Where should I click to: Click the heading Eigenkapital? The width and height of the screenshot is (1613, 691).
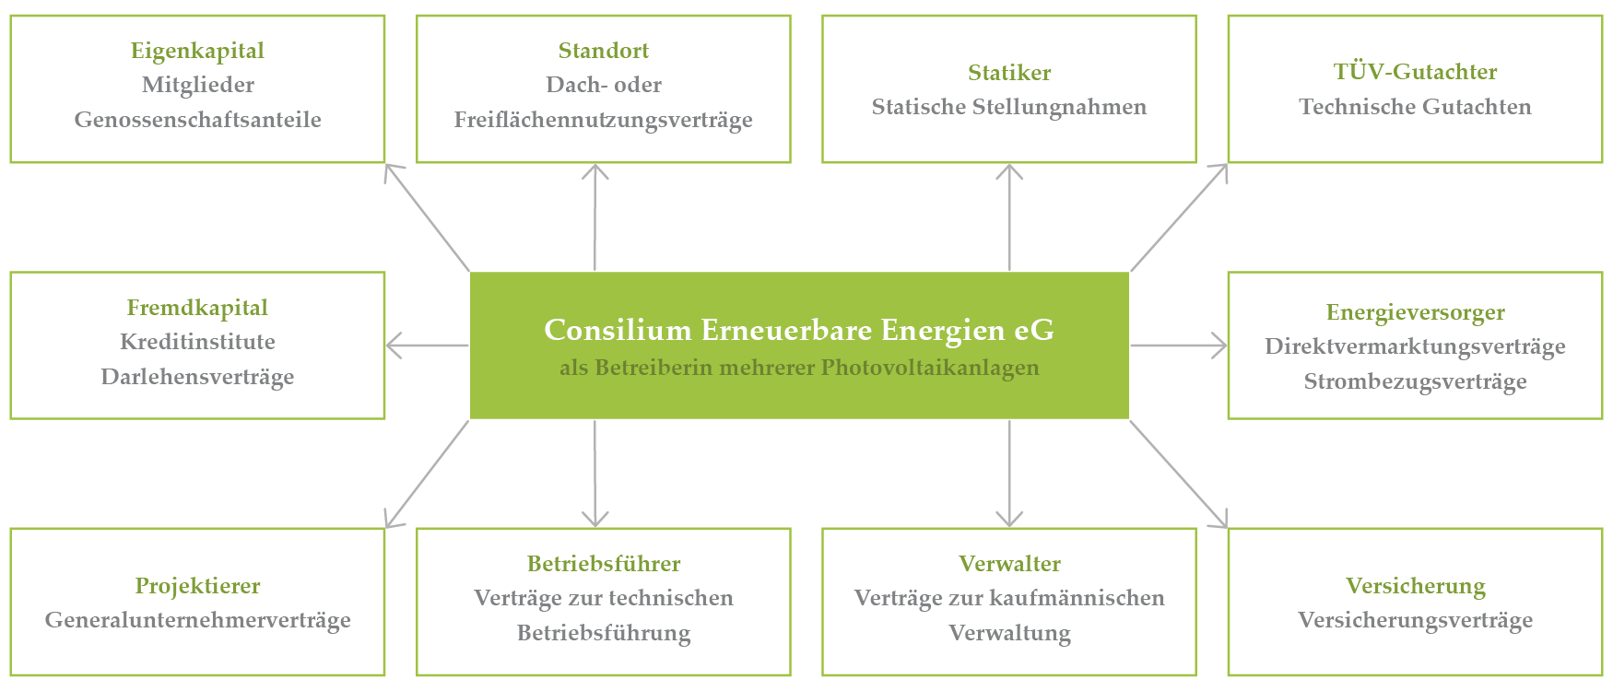[197, 51]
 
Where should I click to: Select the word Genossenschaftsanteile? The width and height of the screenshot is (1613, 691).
[197, 120]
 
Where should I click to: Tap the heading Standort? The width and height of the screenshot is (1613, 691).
[603, 51]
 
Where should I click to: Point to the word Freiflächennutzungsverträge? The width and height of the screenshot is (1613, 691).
[603, 120]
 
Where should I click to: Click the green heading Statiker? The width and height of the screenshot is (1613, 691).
[1009, 73]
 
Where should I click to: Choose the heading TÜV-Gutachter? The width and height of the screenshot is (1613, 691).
[1415, 72]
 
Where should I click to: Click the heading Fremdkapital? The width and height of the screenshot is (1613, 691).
[197, 308]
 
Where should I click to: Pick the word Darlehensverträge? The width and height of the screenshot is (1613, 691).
[197, 377]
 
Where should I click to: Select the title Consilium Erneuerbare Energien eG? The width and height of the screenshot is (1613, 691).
[798, 330]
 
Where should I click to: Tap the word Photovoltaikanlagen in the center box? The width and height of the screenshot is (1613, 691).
[930, 368]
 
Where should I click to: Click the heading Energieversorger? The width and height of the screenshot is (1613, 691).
[1415, 312]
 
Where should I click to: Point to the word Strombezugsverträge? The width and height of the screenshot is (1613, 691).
[1415, 381]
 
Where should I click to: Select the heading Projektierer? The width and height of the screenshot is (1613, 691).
[197, 586]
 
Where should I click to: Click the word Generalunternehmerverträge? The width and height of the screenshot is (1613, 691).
[197, 620]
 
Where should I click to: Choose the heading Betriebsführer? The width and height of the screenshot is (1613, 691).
[604, 564]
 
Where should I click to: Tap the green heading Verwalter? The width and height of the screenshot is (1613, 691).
[1009, 564]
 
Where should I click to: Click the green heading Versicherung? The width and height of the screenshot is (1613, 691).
[1415, 586]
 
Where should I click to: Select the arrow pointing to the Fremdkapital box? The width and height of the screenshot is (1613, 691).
[427, 346]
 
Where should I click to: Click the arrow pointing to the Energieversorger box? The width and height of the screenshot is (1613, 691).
[1178, 346]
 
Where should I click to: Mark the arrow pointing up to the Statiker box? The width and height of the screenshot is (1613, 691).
[1009, 217]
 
